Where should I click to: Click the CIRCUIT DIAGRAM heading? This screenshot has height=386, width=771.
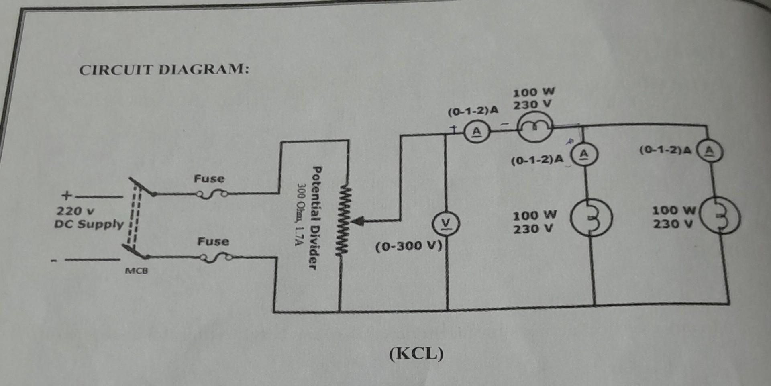pos(164,69)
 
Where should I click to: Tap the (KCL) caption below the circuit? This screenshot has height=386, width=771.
pos(416,354)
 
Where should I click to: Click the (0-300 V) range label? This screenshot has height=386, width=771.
pos(409,245)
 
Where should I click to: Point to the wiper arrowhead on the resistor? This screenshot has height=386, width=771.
pos(358,221)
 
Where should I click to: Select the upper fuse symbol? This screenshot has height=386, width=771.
pos(212,195)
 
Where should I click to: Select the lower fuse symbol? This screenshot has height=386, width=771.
pos(217,258)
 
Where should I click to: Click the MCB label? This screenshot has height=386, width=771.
pos(136,270)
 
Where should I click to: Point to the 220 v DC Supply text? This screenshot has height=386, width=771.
pos(89,217)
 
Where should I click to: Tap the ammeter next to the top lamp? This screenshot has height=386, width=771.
pos(476,132)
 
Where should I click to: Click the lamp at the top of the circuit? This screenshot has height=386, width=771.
pos(534,127)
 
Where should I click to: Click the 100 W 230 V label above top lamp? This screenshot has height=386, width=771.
pos(533,98)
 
